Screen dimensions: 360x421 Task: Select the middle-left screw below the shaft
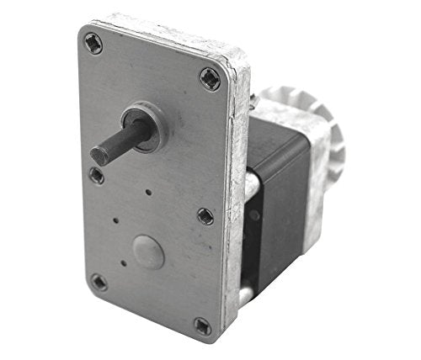pyautogui.click(x=97, y=176)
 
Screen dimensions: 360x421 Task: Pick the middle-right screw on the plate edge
pyautogui.click(x=205, y=216)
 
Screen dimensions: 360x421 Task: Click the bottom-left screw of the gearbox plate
pyautogui.click(x=99, y=282)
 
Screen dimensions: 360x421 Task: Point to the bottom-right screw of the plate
pyautogui.click(x=203, y=326)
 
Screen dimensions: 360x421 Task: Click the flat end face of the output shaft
pyautogui.click(x=98, y=155)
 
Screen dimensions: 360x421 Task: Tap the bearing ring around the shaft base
pyautogui.click(x=144, y=127)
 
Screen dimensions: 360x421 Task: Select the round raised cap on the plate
pyautogui.click(x=148, y=252)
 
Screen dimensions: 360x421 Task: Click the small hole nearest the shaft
pyautogui.click(x=149, y=193)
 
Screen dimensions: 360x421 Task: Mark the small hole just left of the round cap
pyautogui.click(x=124, y=262)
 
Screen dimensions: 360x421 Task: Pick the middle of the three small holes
pyautogui.click(x=115, y=223)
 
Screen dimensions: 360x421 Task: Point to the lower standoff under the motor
pyautogui.click(x=243, y=294)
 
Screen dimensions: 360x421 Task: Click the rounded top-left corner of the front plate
pyautogui.click(x=85, y=32)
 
